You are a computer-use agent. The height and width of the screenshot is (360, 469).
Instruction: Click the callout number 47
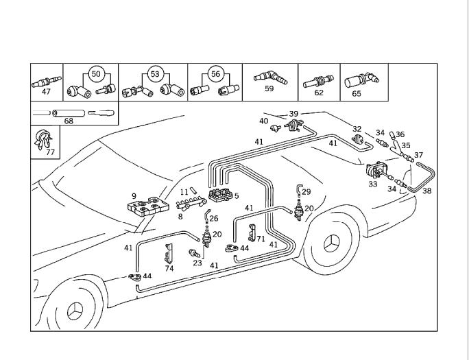46,91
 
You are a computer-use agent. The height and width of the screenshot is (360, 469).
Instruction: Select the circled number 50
95,73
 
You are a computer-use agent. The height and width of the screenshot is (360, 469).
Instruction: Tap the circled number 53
155,73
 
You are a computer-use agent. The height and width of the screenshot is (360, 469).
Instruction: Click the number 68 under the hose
69,121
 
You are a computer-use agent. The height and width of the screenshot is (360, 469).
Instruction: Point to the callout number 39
293,114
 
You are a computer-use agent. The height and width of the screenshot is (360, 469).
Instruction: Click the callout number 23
197,263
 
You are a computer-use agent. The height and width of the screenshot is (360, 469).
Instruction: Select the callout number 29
306,192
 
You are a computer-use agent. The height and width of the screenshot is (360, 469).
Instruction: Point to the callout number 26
213,219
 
